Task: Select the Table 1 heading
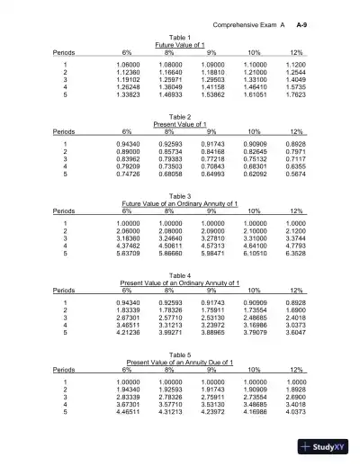tap(181, 37)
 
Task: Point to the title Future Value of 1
tap(181, 45)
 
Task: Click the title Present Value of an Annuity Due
tap(181, 362)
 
